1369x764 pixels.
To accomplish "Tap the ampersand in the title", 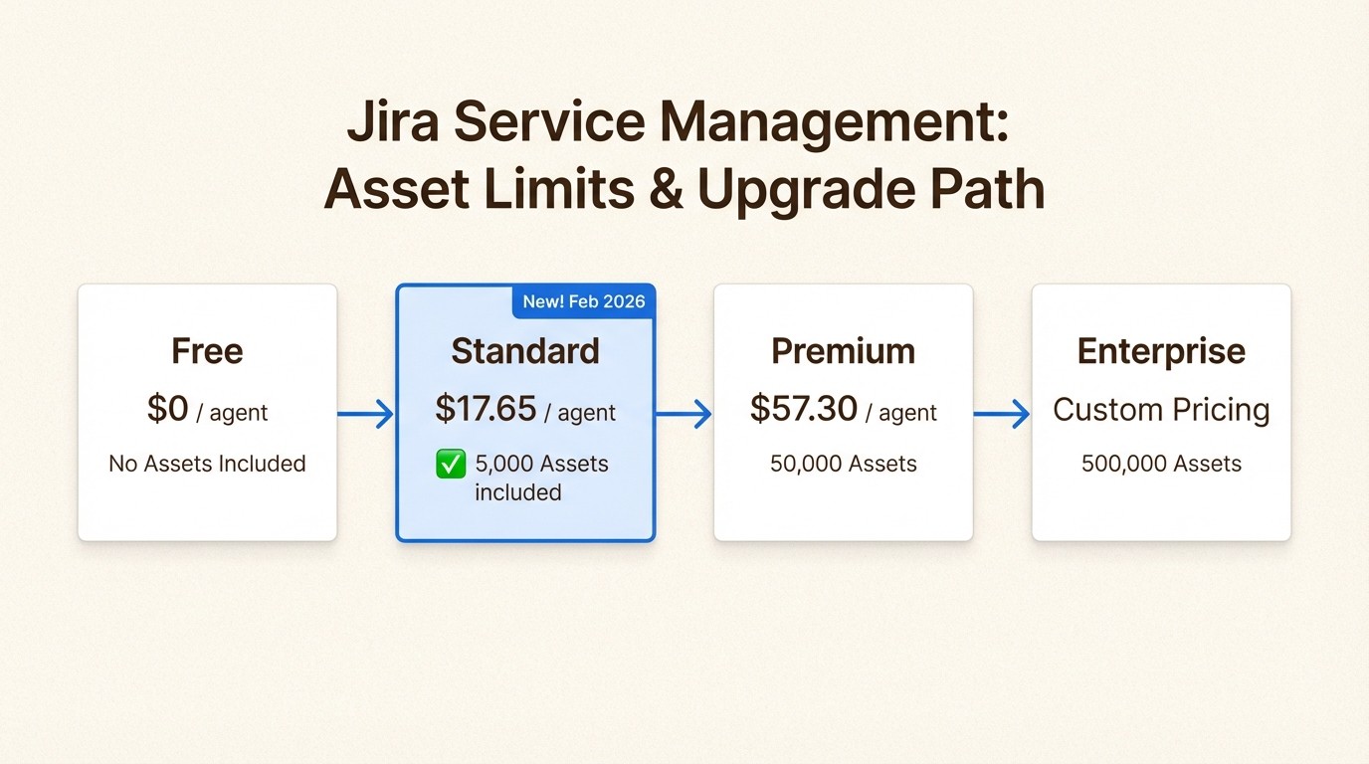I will pyautogui.click(x=665, y=189).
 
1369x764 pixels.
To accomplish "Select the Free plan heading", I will pyautogui.click(x=207, y=351).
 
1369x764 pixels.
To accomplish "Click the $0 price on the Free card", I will pyautogui.click(x=168, y=409).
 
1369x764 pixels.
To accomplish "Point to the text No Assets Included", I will pyautogui.click(x=207, y=464).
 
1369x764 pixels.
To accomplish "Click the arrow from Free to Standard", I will pyautogui.click(x=366, y=413).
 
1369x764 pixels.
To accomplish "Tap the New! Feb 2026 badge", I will pyautogui.click(x=584, y=301).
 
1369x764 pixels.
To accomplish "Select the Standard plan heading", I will pyautogui.click(x=525, y=351).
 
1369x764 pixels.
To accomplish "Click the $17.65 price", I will pyautogui.click(x=487, y=409).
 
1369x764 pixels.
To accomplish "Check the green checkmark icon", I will pyautogui.click(x=451, y=464).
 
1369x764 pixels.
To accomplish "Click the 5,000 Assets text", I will pyautogui.click(x=541, y=464).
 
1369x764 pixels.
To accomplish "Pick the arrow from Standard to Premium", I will pyautogui.click(x=684, y=413).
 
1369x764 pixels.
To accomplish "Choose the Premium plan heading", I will pyautogui.click(x=843, y=351).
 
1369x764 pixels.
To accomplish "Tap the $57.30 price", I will pyautogui.click(x=804, y=409).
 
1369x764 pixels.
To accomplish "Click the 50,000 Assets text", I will pyautogui.click(x=843, y=464).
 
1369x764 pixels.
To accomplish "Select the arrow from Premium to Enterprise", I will pyautogui.click(x=1002, y=413).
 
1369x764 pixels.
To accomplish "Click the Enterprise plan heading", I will pyautogui.click(x=1161, y=351).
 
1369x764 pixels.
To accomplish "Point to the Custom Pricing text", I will pyautogui.click(x=1161, y=410).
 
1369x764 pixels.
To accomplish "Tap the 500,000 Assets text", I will pyautogui.click(x=1161, y=464).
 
